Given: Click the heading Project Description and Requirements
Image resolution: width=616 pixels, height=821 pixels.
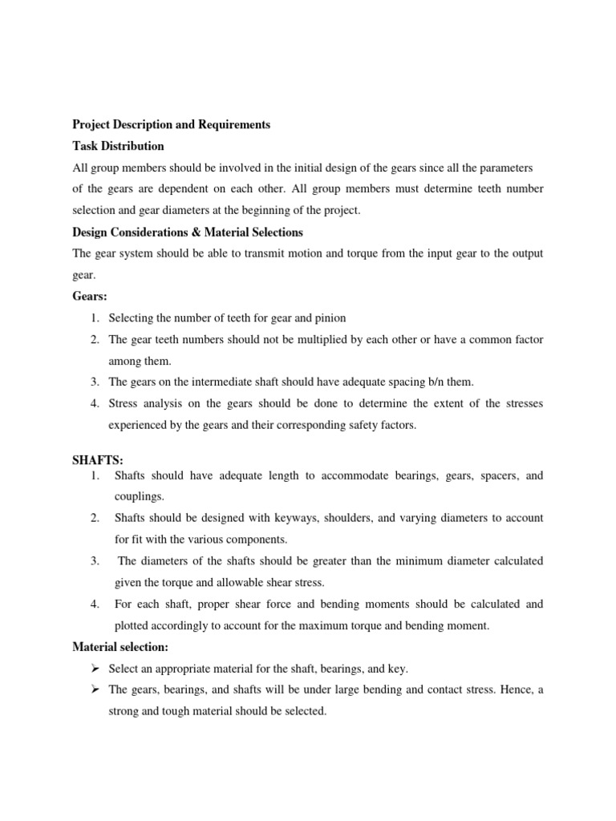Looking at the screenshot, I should coord(171,125).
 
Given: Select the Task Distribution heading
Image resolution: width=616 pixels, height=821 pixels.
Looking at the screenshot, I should coord(118,146).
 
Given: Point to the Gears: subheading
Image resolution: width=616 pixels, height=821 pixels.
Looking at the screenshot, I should coord(90,297).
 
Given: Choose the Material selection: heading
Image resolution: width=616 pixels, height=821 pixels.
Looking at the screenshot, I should coord(121,646).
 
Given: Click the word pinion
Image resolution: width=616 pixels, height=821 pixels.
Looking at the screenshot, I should coord(329,318).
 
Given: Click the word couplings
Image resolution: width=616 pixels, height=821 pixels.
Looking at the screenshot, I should coord(139,496).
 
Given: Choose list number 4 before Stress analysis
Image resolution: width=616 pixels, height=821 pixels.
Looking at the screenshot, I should coord(94,403).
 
